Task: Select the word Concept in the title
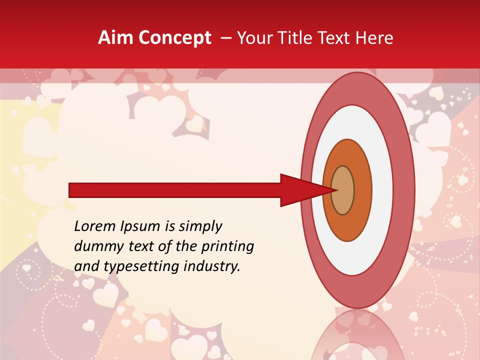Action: point(175,38)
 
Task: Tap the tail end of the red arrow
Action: point(70,190)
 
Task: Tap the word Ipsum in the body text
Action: point(141,227)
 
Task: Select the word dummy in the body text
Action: point(97,246)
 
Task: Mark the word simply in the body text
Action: point(200,227)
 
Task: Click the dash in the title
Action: point(226,38)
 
